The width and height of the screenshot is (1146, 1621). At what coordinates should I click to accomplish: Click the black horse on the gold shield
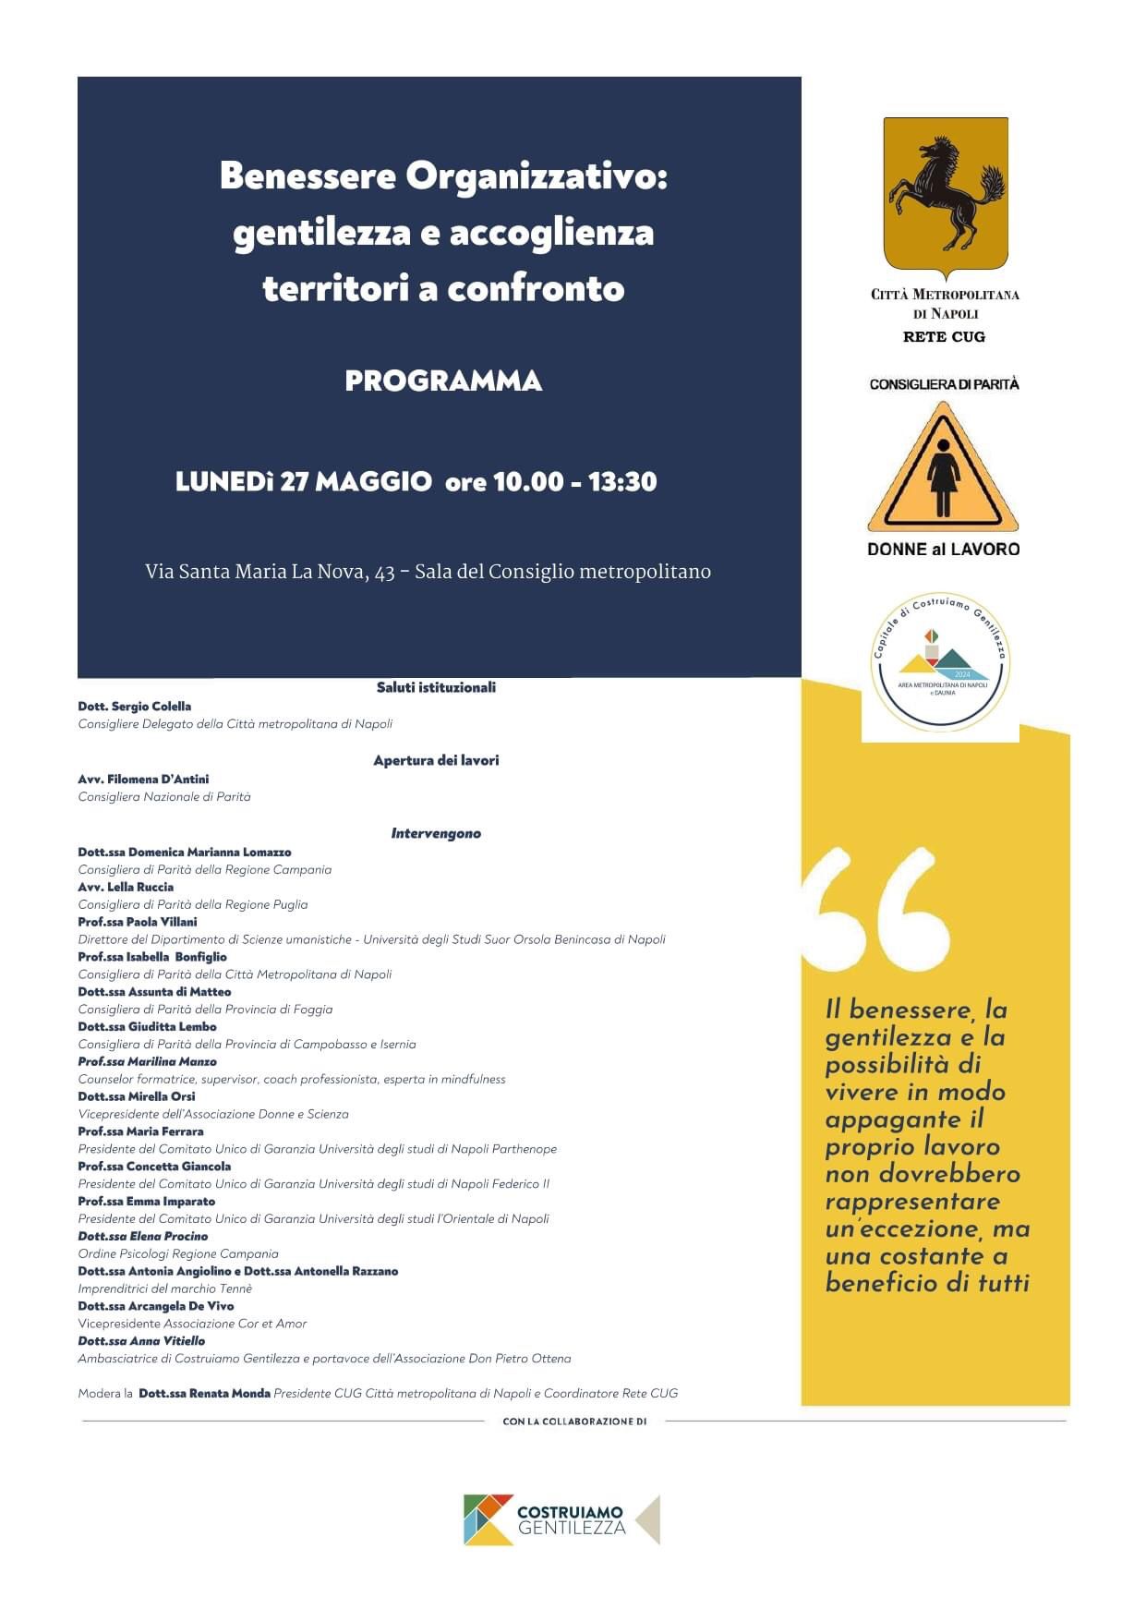click(945, 192)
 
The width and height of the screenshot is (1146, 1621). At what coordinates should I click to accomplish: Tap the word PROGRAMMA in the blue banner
click(443, 381)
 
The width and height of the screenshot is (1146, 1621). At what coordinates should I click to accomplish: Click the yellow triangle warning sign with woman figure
click(942, 469)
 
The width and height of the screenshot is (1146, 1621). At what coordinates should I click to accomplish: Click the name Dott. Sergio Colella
click(135, 707)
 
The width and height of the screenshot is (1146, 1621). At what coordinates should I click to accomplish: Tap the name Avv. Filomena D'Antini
click(143, 780)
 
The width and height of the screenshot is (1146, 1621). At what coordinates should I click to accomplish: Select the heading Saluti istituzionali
click(436, 687)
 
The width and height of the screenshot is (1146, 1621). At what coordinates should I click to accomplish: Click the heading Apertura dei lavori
click(436, 760)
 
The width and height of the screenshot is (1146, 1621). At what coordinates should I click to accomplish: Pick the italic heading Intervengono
click(436, 833)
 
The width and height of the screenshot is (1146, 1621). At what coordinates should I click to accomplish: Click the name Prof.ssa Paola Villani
click(138, 922)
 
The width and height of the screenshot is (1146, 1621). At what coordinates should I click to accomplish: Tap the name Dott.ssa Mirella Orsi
click(137, 1096)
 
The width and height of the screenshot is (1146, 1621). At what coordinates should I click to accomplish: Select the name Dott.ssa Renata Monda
click(204, 1393)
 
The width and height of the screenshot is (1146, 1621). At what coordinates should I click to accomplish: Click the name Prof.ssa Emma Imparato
click(147, 1202)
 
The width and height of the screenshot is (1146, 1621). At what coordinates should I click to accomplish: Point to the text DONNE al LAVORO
click(943, 549)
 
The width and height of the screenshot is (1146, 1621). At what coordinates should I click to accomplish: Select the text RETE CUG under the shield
click(944, 337)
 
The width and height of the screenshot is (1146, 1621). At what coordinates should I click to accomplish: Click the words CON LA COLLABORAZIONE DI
click(574, 1421)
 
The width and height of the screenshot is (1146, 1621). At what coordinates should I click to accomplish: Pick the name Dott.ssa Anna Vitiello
click(142, 1341)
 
